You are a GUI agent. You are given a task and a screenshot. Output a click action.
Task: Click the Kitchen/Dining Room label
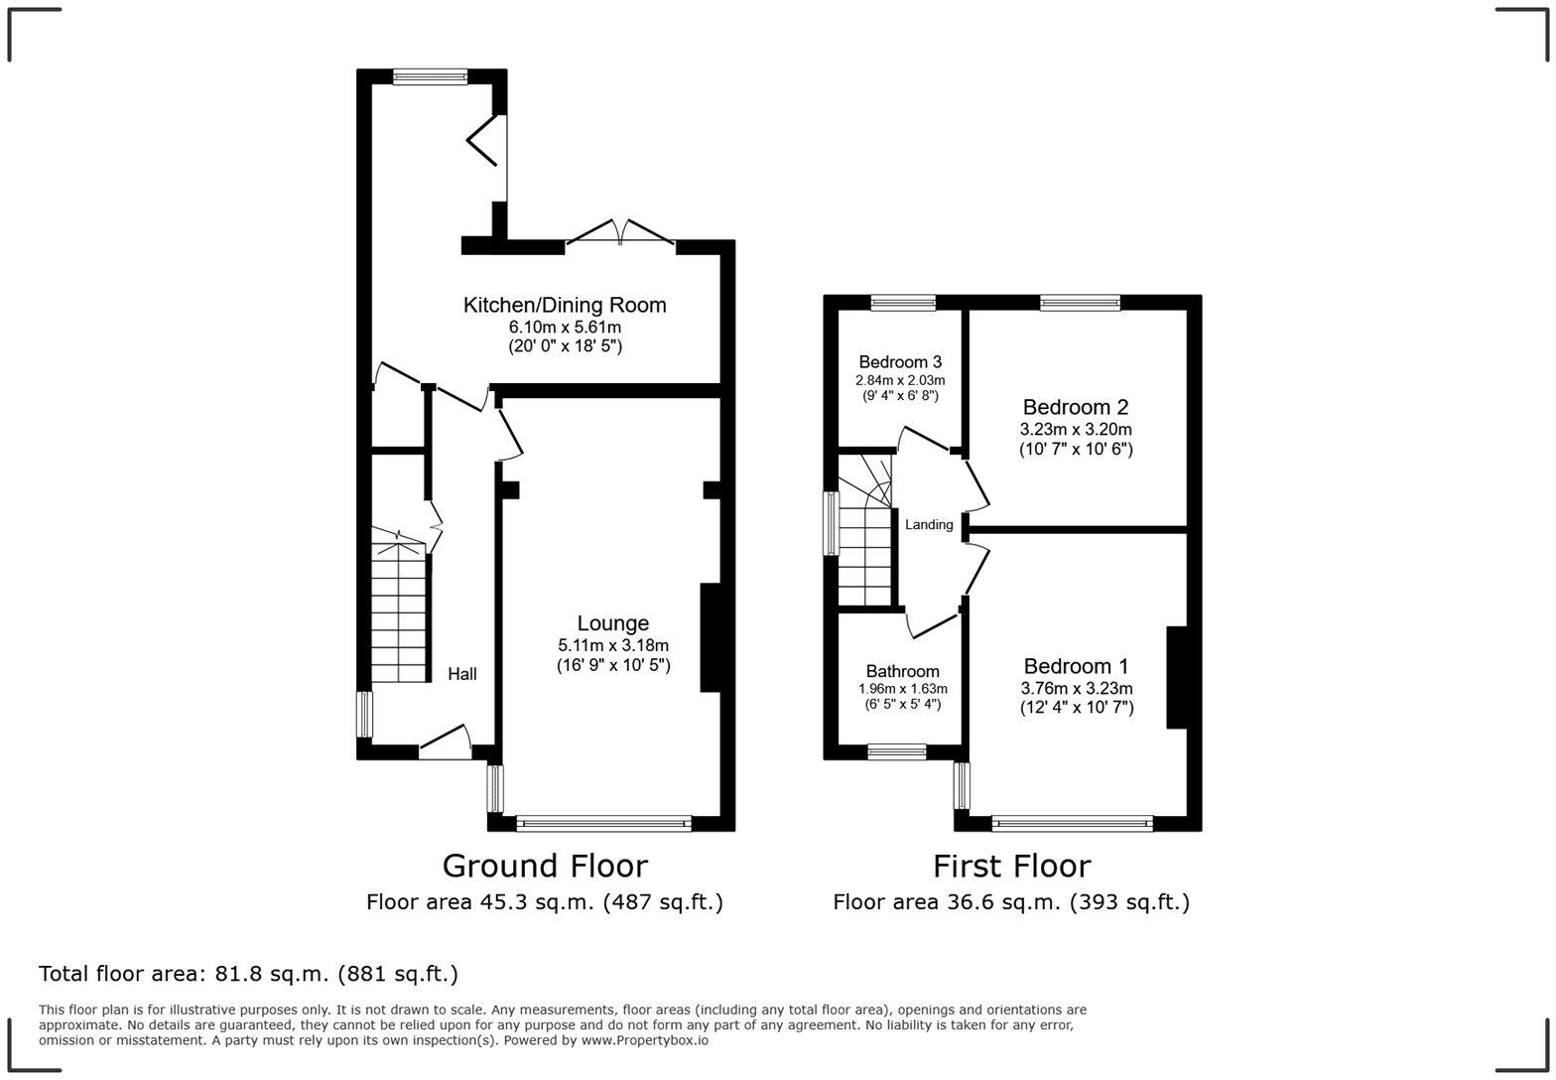coord(564,305)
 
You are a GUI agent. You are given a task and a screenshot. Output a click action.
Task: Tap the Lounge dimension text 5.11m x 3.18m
coord(612,645)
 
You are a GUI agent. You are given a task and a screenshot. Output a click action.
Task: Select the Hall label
coord(462,673)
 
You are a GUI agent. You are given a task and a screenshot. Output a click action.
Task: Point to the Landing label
coord(929,525)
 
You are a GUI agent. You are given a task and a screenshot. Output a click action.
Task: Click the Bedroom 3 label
coord(900,362)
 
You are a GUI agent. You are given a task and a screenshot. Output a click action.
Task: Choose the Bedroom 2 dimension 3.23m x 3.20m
coord(1076,429)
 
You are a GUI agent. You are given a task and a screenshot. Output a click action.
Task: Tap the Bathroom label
coord(902,671)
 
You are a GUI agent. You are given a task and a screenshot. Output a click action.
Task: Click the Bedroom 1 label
coord(1076,666)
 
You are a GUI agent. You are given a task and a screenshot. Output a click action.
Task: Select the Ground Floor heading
coord(545,866)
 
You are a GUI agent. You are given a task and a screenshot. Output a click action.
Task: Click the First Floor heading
coord(1011,866)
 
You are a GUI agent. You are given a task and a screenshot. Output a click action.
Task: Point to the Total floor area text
coord(248,974)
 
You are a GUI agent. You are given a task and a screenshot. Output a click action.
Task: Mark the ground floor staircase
coord(398,604)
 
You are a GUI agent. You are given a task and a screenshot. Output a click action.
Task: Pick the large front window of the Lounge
coord(603,824)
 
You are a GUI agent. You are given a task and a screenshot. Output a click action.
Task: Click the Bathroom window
coord(897,751)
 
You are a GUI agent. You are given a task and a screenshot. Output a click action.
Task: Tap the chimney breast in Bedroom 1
coord(1177,677)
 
